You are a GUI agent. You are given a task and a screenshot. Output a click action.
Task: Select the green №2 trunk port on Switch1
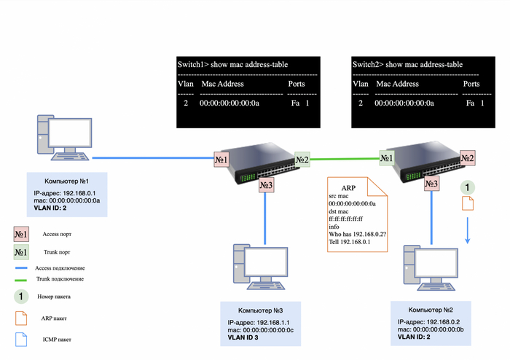[x=302, y=160]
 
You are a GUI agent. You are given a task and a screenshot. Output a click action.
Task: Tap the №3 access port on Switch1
[x=266, y=187]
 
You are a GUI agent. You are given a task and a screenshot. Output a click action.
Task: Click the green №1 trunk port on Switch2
[x=386, y=156]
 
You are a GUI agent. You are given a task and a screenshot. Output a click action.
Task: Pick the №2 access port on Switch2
[x=467, y=157]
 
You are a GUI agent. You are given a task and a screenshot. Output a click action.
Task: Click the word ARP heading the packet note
[x=348, y=187]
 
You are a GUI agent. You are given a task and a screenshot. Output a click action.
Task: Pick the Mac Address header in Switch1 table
[x=222, y=84]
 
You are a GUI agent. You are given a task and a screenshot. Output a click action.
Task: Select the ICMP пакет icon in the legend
[x=20, y=338]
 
